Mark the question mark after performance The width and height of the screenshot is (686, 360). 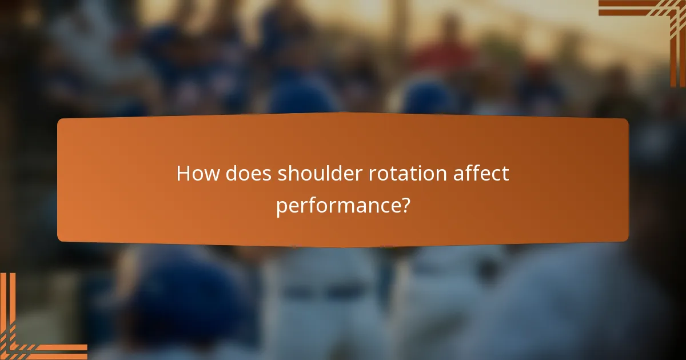point(404,205)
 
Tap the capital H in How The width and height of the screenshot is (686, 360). point(184,173)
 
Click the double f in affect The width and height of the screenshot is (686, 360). point(475,173)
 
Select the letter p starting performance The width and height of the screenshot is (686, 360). point(281,207)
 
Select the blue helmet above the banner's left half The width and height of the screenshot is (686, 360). point(303,94)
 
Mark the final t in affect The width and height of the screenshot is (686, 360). point(505,173)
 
